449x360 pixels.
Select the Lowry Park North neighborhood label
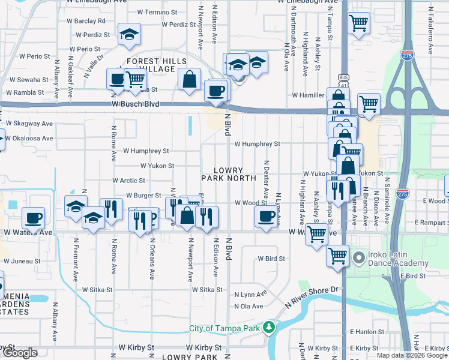tap(228, 174)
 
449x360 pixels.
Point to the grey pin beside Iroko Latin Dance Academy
tap(360, 259)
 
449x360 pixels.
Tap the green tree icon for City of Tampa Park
tap(270, 328)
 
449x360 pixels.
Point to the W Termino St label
tap(157, 12)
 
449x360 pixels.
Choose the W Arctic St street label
tap(129, 180)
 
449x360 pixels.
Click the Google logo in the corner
tap(20, 353)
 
